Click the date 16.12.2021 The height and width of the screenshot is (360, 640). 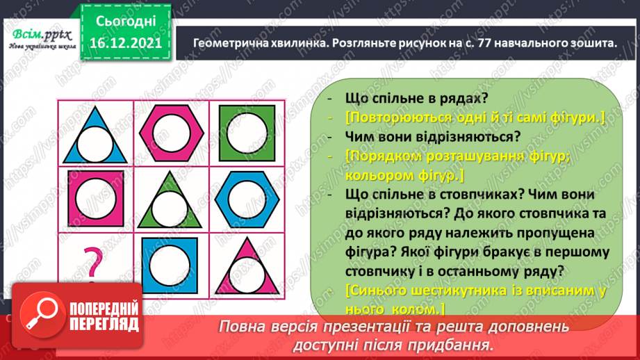(x=126, y=44)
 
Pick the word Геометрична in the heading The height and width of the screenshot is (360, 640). (x=228, y=43)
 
